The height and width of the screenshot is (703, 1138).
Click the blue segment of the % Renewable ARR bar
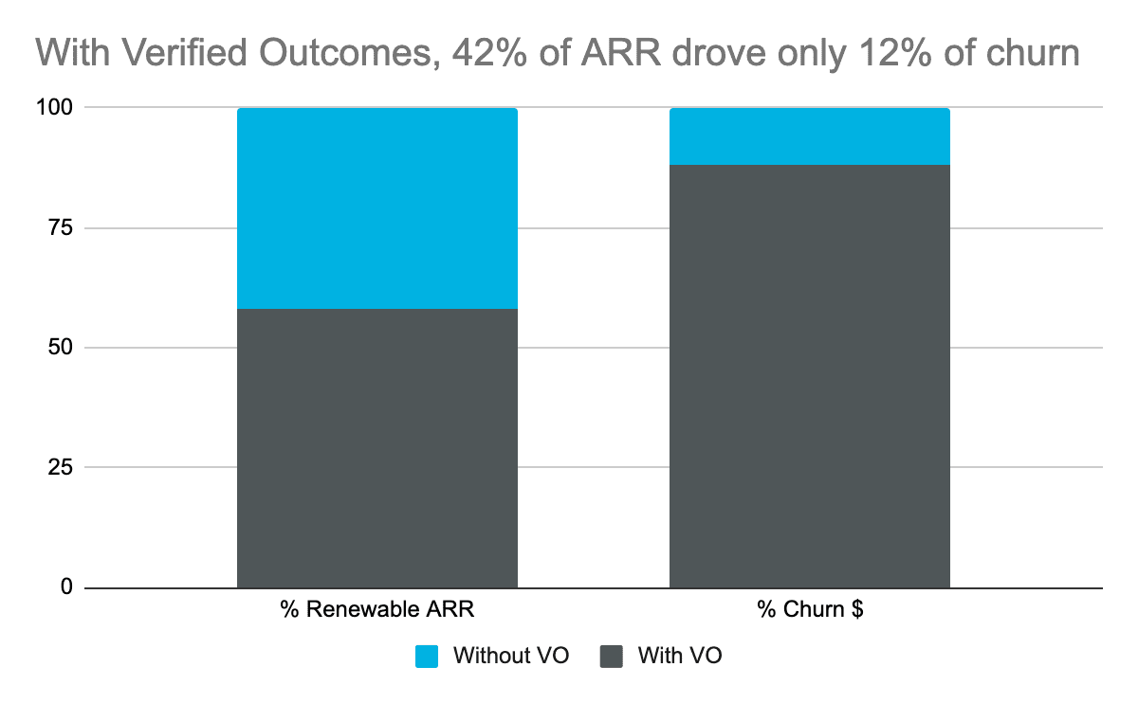[x=376, y=207]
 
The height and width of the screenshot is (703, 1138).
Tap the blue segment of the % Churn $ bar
[x=809, y=135]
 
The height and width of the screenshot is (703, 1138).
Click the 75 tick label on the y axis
[x=60, y=228]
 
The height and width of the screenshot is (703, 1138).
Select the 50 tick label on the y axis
[x=60, y=348]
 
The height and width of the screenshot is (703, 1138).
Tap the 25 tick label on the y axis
[x=60, y=468]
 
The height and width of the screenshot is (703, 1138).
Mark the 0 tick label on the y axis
[x=66, y=587]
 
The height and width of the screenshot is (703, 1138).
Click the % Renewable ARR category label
[x=376, y=610]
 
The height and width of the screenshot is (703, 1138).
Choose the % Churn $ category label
[x=809, y=610]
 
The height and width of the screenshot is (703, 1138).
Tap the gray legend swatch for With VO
[x=612, y=656]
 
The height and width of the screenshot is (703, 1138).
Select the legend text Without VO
[x=510, y=656]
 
